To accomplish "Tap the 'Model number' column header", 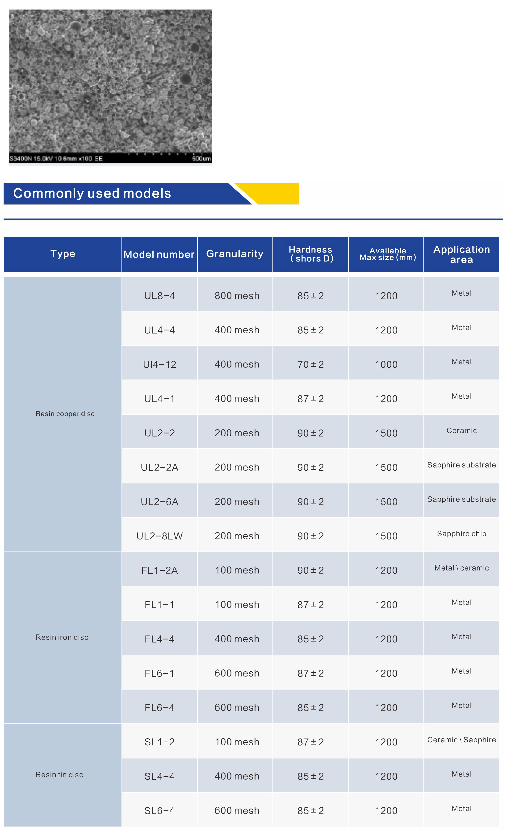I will click(x=159, y=254).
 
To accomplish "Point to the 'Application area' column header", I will click(x=461, y=254).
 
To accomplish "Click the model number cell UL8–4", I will click(x=159, y=296).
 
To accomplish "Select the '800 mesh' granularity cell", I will click(x=237, y=296).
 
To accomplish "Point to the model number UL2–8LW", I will click(x=159, y=536).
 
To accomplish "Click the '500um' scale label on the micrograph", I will click(x=201, y=158).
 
